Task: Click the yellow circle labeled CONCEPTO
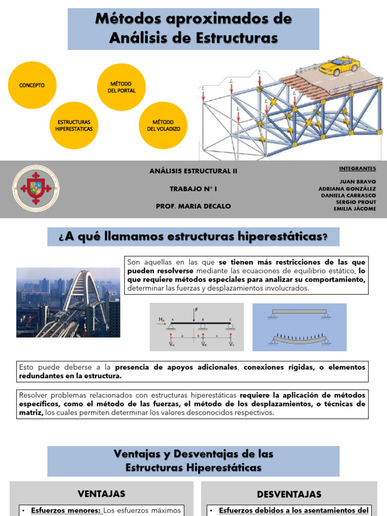[32, 85]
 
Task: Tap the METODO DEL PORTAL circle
[121, 87]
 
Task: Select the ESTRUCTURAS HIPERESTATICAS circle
[74, 125]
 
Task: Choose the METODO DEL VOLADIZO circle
[163, 125]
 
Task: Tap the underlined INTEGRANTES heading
[357, 168]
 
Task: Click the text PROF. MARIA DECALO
[193, 206]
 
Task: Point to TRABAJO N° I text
[193, 188]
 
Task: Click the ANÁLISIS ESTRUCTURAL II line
[193, 171]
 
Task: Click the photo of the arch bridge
[68, 302]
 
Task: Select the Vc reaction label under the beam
[231, 344]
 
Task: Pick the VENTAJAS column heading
[101, 493]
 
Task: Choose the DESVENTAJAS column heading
[289, 494]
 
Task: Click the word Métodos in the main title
[130, 20]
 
